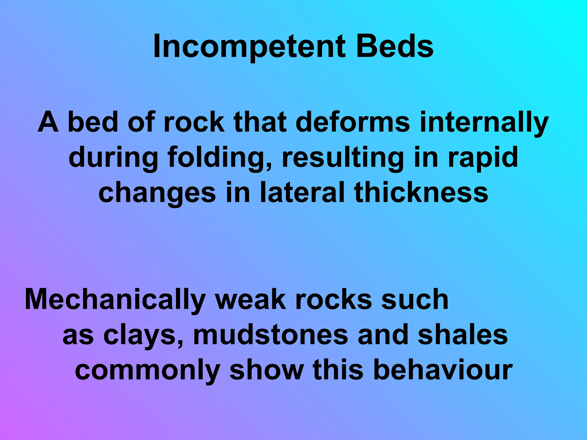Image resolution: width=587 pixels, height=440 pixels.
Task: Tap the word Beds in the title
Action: (x=395, y=46)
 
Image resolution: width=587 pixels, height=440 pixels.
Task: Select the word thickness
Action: (x=421, y=192)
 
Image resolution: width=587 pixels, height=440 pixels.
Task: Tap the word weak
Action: (x=251, y=300)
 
